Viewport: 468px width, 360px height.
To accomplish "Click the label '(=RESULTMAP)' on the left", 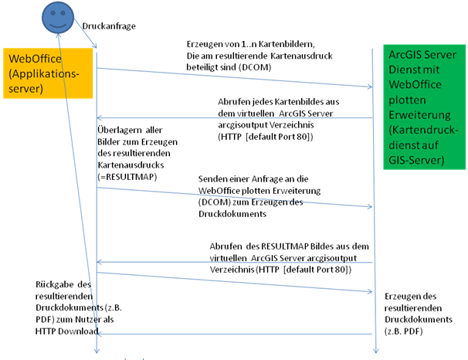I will [127, 177].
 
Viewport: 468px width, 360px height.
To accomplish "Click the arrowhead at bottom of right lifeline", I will [375, 353].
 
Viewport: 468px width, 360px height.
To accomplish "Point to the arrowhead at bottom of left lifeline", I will [97, 353].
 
